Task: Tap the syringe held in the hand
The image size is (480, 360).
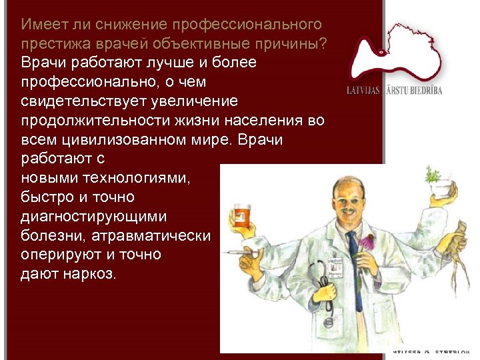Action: tap(239, 254)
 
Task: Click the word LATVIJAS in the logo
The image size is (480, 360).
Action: tap(362, 91)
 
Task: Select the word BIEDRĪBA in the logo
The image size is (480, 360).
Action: tap(424, 91)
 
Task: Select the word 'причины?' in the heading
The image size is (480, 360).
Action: tap(299, 43)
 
